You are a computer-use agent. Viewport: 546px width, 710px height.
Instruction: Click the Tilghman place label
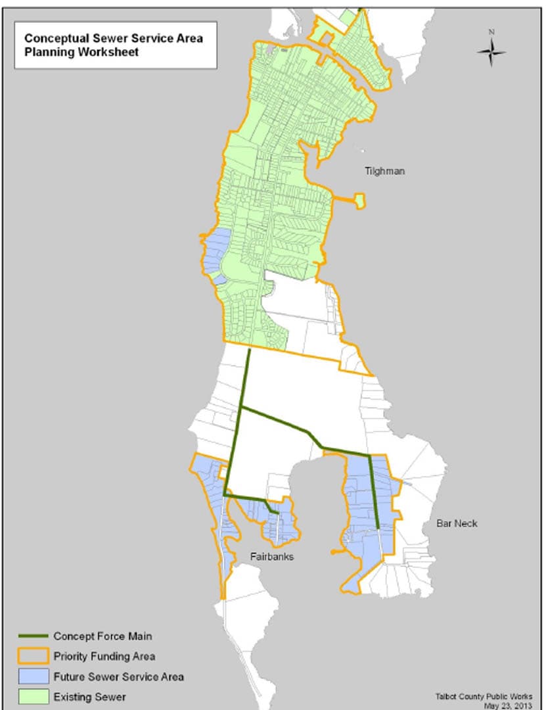click(385, 171)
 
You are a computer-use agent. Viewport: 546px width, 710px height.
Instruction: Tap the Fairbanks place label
click(271, 557)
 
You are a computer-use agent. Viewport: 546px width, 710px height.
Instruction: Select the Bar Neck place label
click(457, 523)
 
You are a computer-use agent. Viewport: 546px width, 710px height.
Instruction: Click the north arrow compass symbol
click(491, 53)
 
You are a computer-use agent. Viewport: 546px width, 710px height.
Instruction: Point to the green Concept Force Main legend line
click(33, 636)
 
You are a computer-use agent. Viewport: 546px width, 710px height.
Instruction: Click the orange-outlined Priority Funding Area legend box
click(33, 656)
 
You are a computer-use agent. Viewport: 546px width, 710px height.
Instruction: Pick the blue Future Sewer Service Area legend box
click(33, 676)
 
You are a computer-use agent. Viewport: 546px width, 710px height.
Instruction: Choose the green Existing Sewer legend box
click(33, 696)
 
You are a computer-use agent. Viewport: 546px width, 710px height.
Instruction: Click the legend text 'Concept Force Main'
click(102, 636)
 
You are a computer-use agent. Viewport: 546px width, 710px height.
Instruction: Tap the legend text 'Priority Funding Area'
click(104, 656)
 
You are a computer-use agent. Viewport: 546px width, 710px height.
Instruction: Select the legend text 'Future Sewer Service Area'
click(118, 676)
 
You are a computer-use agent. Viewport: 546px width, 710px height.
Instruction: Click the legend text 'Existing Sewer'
click(89, 696)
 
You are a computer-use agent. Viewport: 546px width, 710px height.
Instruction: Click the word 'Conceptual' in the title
click(54, 38)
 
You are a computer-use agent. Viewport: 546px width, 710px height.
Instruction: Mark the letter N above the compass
click(491, 32)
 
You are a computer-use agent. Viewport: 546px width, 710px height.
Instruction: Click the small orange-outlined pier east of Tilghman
click(359, 201)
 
